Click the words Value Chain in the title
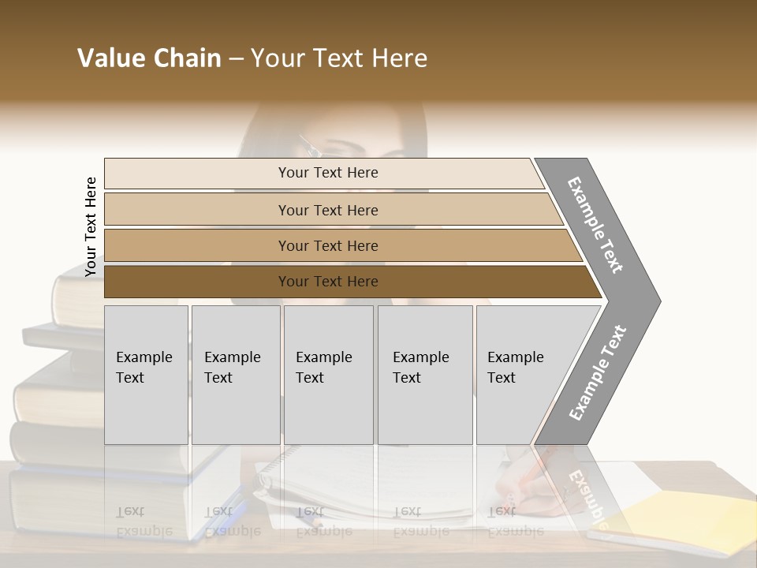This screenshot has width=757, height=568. pyautogui.click(x=149, y=58)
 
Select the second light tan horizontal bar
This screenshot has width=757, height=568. pyautogui.click(x=328, y=210)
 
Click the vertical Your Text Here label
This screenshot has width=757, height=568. pyautogui.click(x=91, y=226)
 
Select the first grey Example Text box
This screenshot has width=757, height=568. pyautogui.click(x=146, y=374)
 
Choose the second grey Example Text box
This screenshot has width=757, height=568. pyautogui.click(x=235, y=374)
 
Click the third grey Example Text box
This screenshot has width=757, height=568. pyautogui.click(x=328, y=374)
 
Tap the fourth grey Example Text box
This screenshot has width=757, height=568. pyautogui.click(x=424, y=374)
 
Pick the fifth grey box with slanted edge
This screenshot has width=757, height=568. pyautogui.click(x=520, y=374)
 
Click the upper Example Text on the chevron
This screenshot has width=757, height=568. pyautogui.click(x=595, y=225)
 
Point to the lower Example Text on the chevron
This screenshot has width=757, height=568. pyautogui.click(x=598, y=373)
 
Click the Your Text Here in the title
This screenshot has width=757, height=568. pyautogui.click(x=339, y=58)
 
